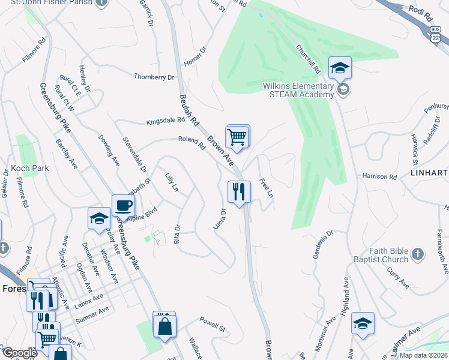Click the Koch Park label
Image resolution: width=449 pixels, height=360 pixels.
(x=30, y=169)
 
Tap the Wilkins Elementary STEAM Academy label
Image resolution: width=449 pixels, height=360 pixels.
(x=298, y=90)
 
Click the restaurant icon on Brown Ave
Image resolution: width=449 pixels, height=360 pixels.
(x=239, y=192)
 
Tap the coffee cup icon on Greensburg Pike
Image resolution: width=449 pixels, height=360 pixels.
(x=123, y=206)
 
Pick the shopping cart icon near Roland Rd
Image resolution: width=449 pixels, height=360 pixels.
(x=237, y=137)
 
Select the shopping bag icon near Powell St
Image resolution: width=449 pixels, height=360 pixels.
(x=164, y=326)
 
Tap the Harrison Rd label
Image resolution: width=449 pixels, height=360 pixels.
(x=379, y=178)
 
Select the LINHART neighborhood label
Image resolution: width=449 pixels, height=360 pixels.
(x=428, y=173)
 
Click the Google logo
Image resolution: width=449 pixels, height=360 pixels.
(x=20, y=353)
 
